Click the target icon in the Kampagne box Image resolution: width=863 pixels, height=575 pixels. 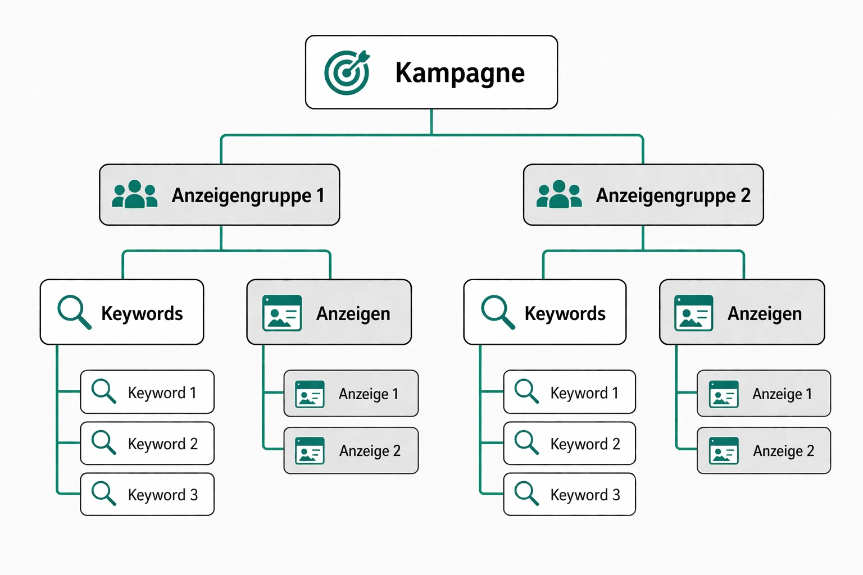(347, 72)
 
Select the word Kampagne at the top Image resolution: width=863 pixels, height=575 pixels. (460, 73)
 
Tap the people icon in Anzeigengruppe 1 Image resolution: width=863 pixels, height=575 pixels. (135, 195)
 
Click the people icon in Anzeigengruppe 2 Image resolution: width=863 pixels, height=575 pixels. (559, 195)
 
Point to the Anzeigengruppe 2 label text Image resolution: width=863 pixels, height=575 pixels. (673, 195)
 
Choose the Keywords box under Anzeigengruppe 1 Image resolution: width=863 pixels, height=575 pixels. (122, 312)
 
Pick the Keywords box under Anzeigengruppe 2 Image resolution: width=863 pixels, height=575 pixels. (544, 312)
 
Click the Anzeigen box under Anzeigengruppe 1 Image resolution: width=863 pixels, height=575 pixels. (329, 312)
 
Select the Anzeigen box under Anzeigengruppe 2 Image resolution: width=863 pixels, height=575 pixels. (742, 312)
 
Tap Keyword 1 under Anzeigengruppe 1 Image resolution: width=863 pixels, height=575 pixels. (147, 392)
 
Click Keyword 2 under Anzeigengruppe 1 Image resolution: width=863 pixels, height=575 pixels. (147, 444)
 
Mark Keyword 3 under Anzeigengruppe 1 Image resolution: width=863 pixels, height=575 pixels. (147, 494)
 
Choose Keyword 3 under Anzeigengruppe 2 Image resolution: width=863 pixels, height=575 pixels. (570, 494)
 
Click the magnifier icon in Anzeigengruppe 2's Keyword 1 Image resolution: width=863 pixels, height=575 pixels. (526, 391)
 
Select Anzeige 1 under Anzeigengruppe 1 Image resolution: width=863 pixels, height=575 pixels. (351, 394)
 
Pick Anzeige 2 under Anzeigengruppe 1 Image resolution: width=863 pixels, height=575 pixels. (351, 451)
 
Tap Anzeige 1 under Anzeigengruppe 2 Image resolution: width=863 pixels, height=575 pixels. (764, 394)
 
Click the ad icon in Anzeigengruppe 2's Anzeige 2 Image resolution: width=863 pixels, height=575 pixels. (724, 451)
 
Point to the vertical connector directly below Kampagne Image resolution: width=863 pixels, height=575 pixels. (431, 122)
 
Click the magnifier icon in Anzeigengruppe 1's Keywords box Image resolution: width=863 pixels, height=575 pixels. (74, 311)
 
